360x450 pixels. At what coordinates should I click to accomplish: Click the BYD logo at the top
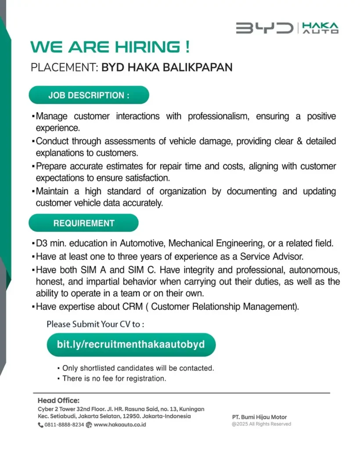click(264, 28)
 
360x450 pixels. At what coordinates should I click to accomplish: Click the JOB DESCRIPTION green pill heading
click(89, 95)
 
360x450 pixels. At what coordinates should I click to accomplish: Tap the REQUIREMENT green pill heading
click(84, 223)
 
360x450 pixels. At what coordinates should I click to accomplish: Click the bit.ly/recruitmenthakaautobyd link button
click(131, 344)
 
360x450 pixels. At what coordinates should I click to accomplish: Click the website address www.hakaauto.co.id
click(120, 425)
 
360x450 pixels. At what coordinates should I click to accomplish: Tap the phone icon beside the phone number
click(40, 425)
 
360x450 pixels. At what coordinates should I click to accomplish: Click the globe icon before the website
click(89, 425)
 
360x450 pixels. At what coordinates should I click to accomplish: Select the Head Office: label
click(58, 400)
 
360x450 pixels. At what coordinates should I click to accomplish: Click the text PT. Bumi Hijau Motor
click(259, 417)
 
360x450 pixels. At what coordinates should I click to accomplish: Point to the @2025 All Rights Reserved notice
click(261, 424)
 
